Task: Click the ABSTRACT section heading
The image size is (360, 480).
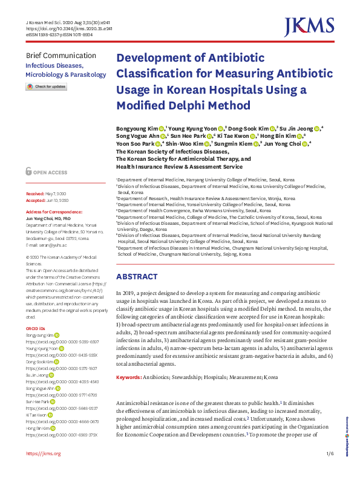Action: (136, 276)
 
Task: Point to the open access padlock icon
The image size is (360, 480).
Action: (28, 172)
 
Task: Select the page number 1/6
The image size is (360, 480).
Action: (329, 453)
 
